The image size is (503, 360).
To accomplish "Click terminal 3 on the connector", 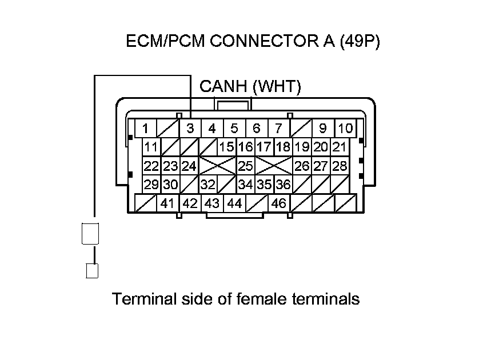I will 190,128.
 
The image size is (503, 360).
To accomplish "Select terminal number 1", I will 146,128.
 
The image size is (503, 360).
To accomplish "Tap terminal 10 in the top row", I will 345,128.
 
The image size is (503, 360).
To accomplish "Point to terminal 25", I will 245,166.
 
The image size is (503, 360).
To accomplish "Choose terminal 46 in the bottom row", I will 278,203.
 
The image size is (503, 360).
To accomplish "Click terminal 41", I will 167,203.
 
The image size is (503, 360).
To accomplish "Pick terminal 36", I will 283,185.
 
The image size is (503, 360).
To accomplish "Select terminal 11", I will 151,147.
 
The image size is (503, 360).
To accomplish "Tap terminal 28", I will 340,166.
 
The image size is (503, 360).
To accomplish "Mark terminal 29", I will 151,185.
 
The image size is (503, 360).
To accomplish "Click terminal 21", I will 340,147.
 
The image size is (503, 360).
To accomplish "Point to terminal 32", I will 208,185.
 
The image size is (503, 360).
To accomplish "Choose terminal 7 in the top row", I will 278,128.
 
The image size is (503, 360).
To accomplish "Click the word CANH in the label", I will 223,87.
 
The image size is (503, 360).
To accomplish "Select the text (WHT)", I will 277,87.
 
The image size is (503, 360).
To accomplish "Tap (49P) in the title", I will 358,42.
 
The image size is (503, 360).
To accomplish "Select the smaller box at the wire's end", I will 91,270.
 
